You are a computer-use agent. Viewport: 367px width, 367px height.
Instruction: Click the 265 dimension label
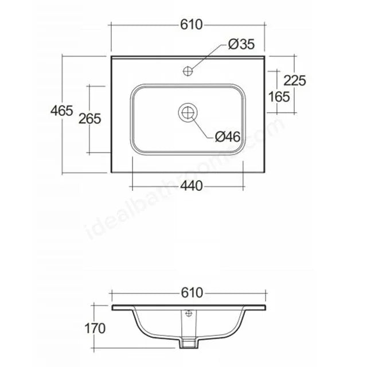[x=90, y=119]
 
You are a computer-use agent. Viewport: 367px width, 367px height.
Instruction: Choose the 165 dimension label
[x=279, y=96]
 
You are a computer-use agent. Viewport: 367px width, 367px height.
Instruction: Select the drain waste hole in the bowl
[x=188, y=113]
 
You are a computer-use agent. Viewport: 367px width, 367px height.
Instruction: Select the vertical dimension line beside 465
[x=62, y=143]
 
